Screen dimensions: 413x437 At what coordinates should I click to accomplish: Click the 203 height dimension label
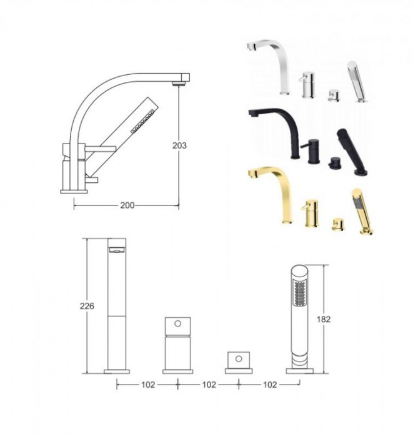coord(179,145)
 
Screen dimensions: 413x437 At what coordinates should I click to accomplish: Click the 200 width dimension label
coord(127,205)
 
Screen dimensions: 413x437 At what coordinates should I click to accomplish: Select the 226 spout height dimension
coord(87,306)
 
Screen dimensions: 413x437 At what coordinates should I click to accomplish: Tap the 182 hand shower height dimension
coord(324,319)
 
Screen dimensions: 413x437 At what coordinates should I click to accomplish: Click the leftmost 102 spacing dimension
coord(148,385)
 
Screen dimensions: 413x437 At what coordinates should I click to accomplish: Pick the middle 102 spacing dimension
coord(209,385)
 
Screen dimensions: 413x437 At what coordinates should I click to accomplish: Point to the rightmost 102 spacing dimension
coord(270,385)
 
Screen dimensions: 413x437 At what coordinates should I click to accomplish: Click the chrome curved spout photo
coord(270,66)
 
